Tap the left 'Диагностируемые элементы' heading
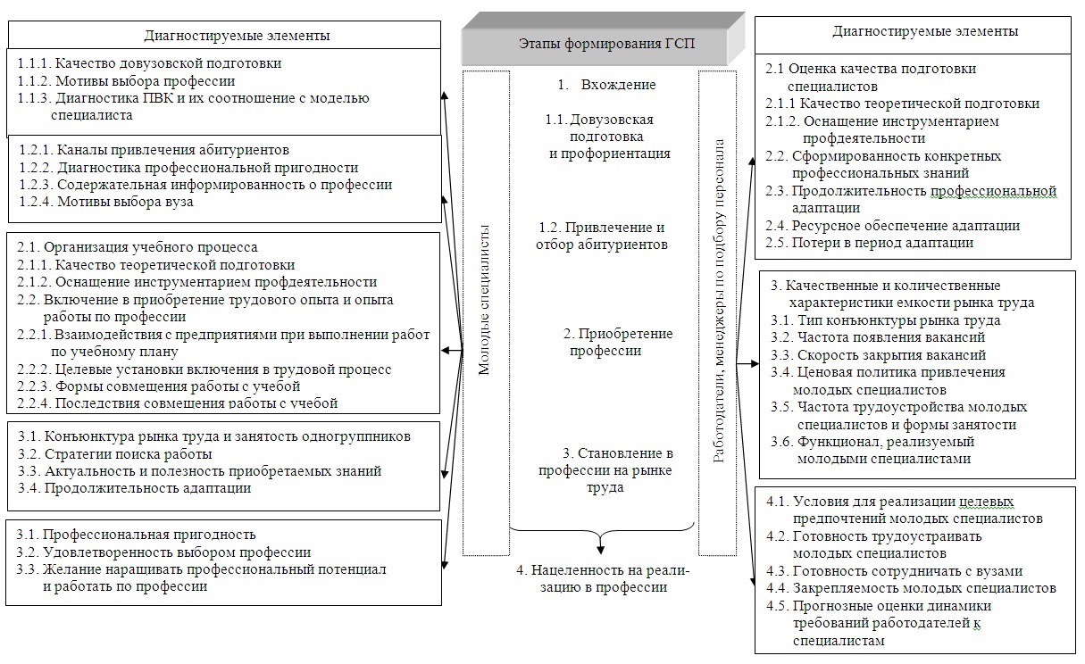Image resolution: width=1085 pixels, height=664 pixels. pos(237,36)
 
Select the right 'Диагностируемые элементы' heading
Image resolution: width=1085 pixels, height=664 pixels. pos(925,31)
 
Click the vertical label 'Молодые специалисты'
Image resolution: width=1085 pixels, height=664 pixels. pos(484,300)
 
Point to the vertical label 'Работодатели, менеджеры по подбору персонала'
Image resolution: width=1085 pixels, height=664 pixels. pos(719,301)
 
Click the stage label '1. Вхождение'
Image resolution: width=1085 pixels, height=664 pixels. pos(607,85)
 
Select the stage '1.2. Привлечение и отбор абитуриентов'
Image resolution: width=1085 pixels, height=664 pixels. pos(602,236)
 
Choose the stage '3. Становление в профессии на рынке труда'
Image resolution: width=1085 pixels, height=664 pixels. pos(605,470)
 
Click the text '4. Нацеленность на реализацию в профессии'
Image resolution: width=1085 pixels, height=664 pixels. pos(603,578)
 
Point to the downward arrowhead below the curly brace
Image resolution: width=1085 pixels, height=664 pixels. pos(601,549)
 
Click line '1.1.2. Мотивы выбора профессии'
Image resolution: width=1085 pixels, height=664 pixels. pos(127,81)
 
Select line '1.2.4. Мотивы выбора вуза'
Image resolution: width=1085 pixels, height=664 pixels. pos(106,202)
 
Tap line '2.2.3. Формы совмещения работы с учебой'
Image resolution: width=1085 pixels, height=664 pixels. pos(159,386)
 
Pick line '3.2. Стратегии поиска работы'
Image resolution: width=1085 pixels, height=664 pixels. pos(115,454)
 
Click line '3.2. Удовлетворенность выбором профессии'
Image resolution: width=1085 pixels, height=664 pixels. pos(163,552)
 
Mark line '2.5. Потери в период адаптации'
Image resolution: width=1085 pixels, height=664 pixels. pos(870,243)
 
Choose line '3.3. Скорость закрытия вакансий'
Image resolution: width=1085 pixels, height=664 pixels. pos(878,354)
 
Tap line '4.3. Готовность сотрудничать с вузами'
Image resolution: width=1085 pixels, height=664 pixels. pos(894,571)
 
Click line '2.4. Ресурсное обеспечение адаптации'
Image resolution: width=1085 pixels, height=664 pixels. pos(893,226)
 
